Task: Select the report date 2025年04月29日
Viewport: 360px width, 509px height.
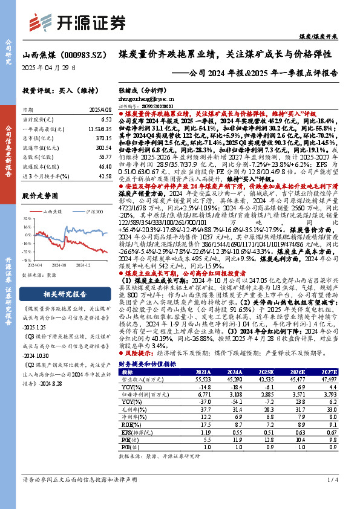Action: click(49, 67)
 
